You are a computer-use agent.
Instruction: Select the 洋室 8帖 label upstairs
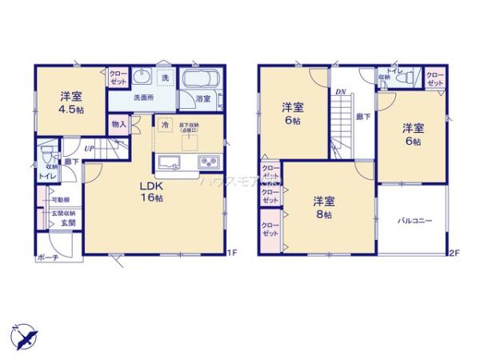pyautogui.click(x=322, y=206)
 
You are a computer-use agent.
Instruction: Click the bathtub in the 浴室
pyautogui.click(x=204, y=81)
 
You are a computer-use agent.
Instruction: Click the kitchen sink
pyautogui.click(x=170, y=163)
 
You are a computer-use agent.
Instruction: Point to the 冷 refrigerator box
pyautogui.click(x=165, y=126)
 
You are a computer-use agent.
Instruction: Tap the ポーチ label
pyautogui.click(x=46, y=258)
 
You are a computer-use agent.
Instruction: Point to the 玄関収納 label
pyautogui.click(x=63, y=214)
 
